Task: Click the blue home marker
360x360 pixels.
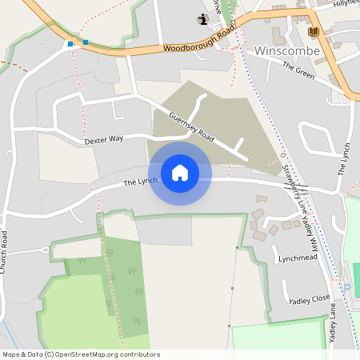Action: [x=180, y=173]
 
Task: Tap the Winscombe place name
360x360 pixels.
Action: [x=286, y=51]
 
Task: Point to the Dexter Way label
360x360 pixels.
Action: [x=104, y=139]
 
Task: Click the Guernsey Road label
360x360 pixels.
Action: [x=192, y=125]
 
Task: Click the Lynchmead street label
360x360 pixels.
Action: [x=298, y=258]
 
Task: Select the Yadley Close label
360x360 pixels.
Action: [x=310, y=300]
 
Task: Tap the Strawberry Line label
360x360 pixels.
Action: [x=292, y=189]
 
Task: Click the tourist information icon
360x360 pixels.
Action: [x=202, y=18]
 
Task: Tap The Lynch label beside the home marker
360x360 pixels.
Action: [x=140, y=183]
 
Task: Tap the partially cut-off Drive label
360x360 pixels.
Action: [x=216, y=4]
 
